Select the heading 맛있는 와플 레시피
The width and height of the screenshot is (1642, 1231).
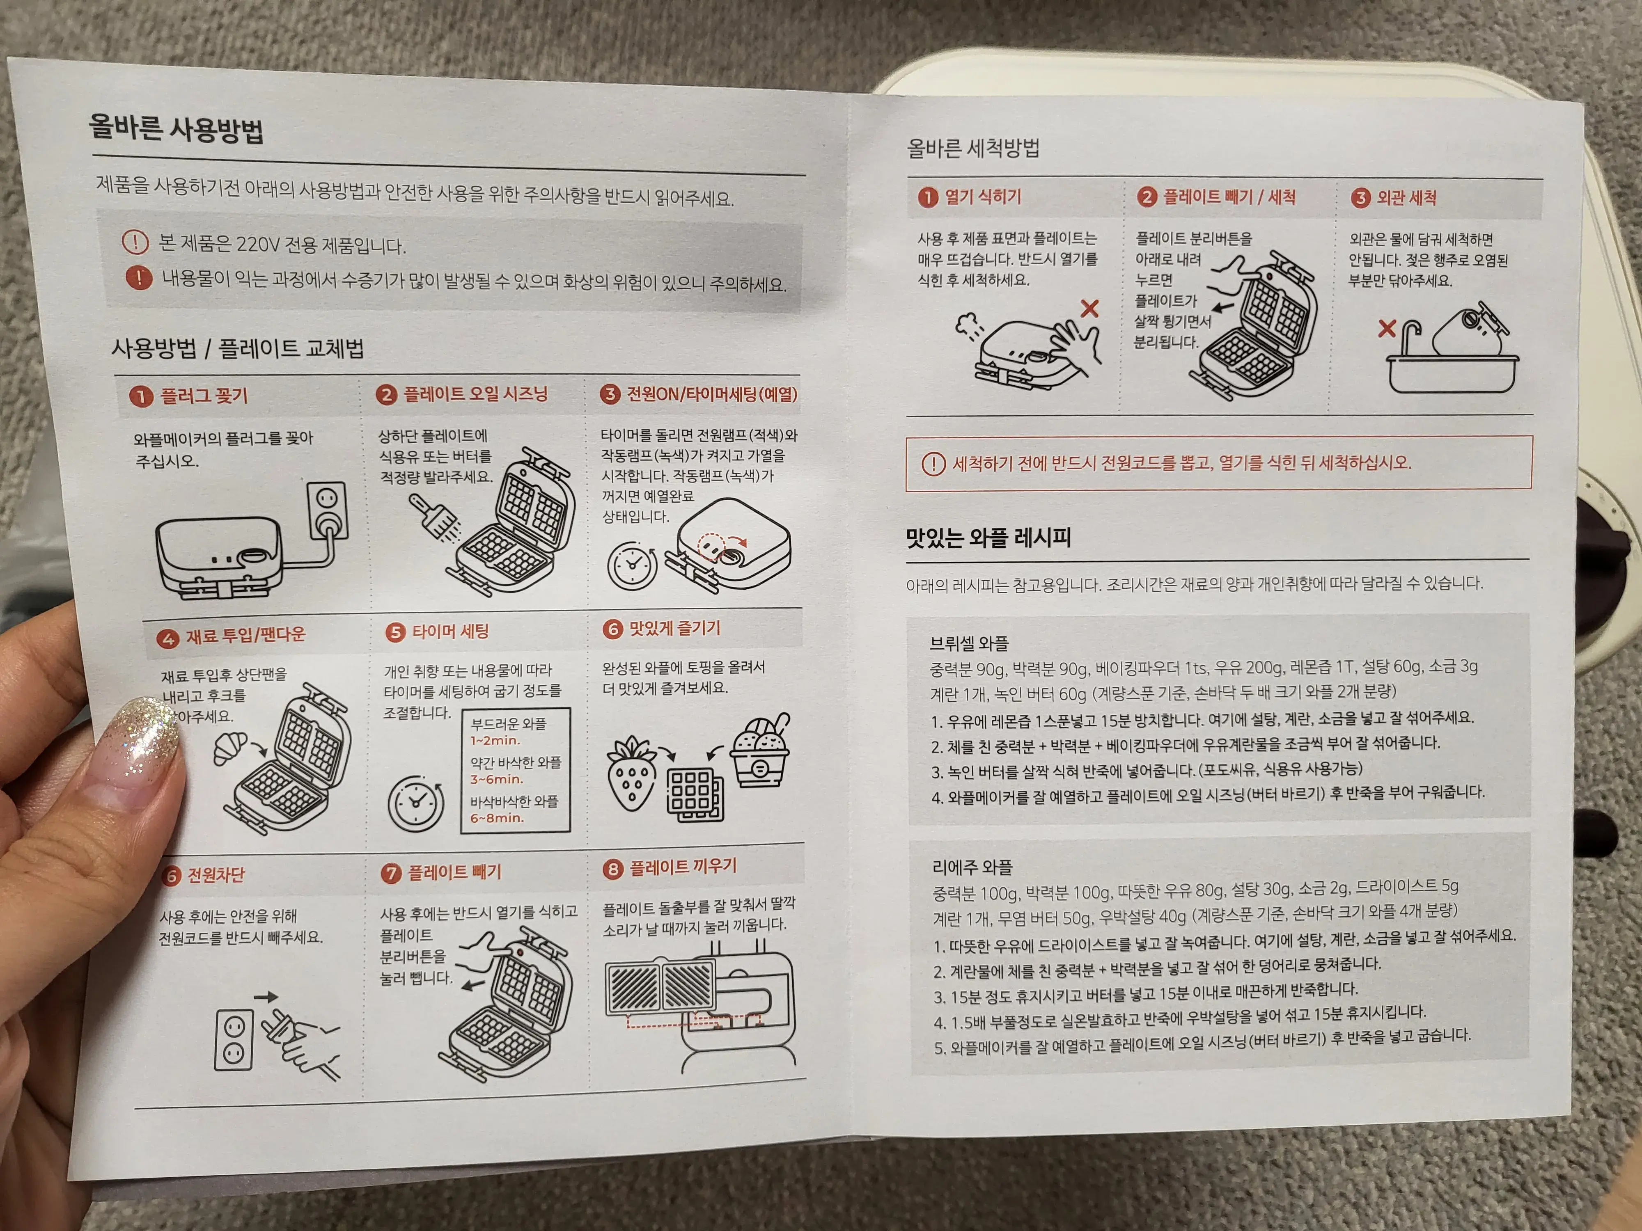click(x=988, y=537)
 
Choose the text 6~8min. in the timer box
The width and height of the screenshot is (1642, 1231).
click(x=497, y=819)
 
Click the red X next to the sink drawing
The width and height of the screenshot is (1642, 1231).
click(x=1386, y=329)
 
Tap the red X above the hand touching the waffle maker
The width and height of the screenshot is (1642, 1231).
click(x=1089, y=308)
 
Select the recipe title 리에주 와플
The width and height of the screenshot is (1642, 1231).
click(x=972, y=867)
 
